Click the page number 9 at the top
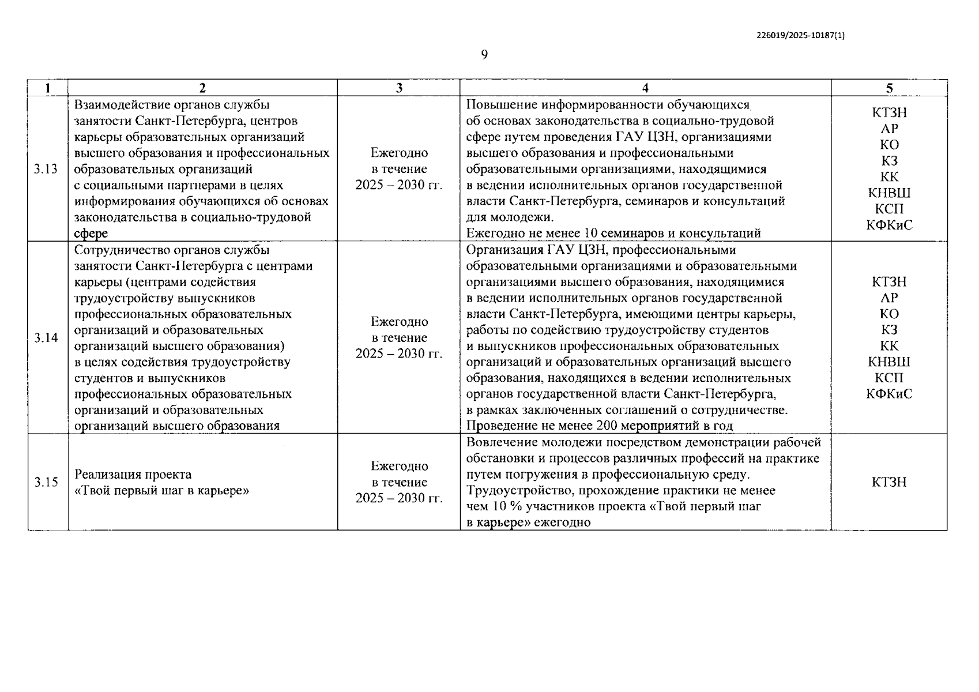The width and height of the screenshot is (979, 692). coord(484,55)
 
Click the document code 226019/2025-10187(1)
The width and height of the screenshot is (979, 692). coord(801,35)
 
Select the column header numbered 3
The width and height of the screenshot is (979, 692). coord(399,88)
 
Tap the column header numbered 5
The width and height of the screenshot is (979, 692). coord(889,88)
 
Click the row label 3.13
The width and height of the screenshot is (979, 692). coord(46,169)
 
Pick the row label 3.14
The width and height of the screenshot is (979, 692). coord(46,338)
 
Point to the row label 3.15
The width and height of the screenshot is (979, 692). coord(46,482)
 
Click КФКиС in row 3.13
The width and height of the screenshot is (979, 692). coord(889,225)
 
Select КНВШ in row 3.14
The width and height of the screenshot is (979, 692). coord(889,362)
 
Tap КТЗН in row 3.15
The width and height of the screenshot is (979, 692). coord(889,482)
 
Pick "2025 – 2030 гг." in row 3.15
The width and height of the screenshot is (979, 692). coord(399,498)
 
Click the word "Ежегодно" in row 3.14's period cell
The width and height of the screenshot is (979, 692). coord(399,322)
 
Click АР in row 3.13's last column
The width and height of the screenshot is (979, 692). coord(889,129)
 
